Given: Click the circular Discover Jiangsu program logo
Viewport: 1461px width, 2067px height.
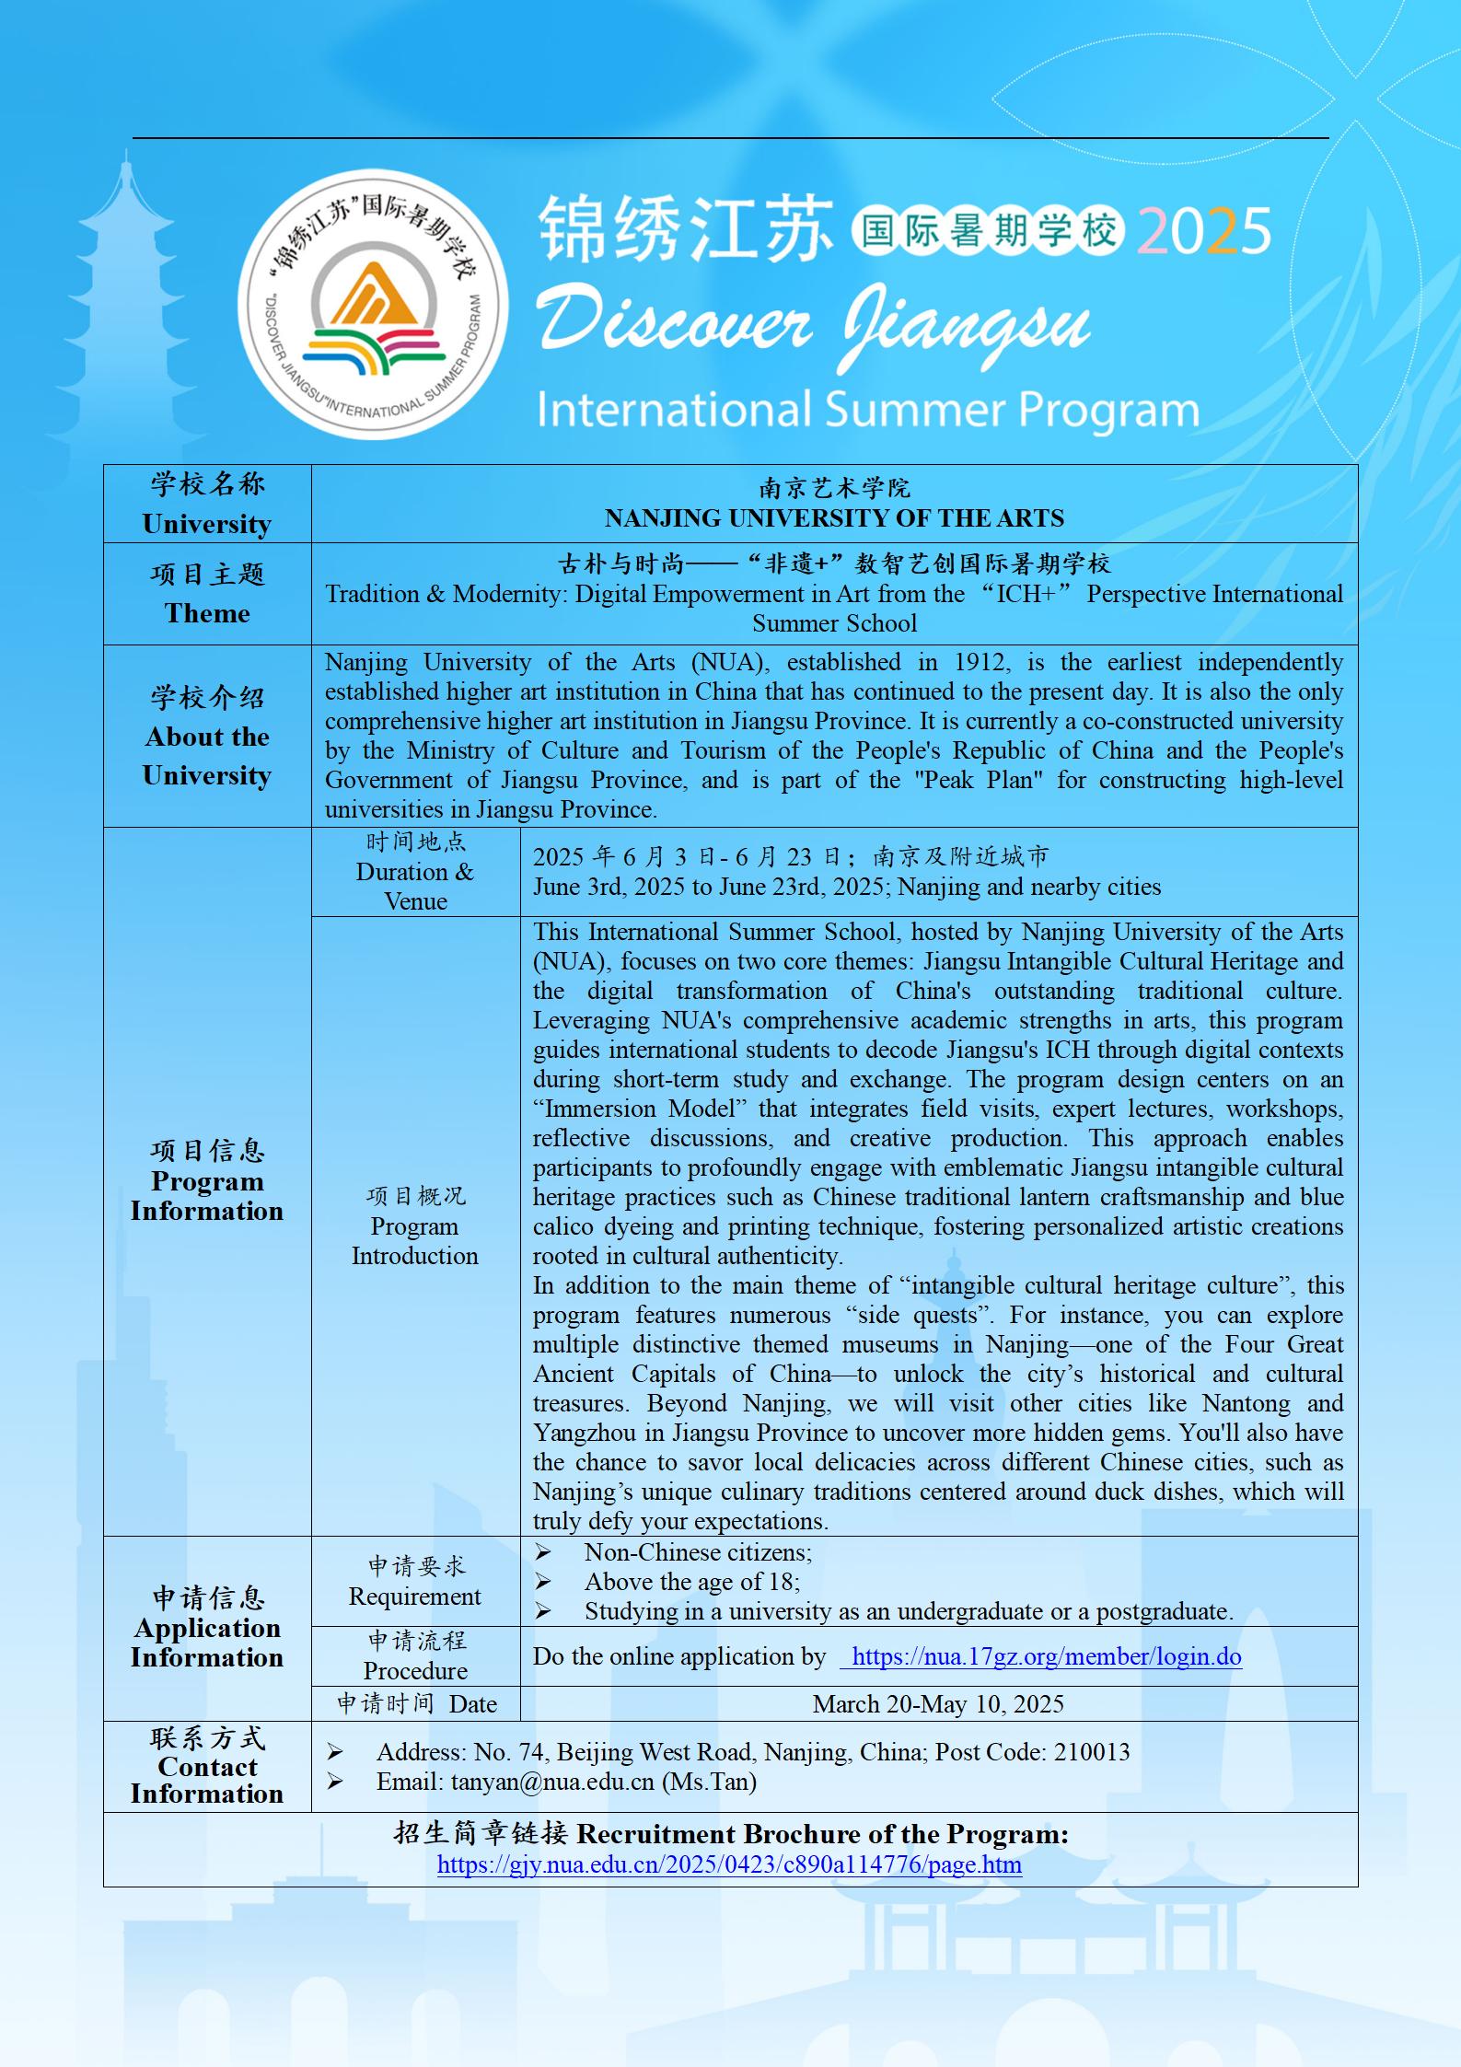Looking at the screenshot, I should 372,304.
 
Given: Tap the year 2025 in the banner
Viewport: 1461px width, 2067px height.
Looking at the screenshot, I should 1204,231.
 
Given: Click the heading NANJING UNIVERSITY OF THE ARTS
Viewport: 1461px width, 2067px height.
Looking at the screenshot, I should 834,518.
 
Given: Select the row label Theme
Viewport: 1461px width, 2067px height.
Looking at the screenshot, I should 207,613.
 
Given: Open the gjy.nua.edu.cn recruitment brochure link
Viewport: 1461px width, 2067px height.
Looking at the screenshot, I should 729,1864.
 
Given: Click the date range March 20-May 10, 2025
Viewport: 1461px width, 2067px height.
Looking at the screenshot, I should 938,1704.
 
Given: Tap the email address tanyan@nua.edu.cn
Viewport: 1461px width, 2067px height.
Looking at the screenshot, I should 551,1782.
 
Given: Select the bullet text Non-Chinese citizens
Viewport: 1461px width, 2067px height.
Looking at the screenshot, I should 697,1552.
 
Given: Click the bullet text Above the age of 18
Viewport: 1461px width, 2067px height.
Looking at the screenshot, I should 691,1582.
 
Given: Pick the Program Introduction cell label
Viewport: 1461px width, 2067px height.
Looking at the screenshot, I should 415,1240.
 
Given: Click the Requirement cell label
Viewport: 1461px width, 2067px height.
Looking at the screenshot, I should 415,1597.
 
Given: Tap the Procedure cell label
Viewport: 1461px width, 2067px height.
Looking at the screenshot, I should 415,1670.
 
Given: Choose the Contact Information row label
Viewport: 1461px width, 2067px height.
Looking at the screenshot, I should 207,1780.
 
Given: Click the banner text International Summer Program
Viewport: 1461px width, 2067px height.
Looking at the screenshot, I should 867,411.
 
